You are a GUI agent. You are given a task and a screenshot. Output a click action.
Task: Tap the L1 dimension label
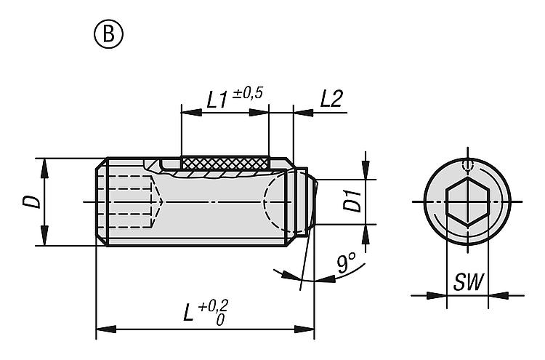(214, 100)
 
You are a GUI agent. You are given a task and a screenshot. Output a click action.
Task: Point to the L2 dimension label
(331, 100)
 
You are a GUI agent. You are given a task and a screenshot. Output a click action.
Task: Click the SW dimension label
(469, 281)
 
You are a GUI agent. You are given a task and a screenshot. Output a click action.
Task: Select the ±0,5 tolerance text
(248, 93)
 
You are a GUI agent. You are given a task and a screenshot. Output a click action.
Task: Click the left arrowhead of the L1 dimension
(187, 112)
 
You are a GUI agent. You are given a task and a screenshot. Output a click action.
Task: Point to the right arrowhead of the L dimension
(307, 328)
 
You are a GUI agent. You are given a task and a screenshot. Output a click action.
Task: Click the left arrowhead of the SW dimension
(437, 295)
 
